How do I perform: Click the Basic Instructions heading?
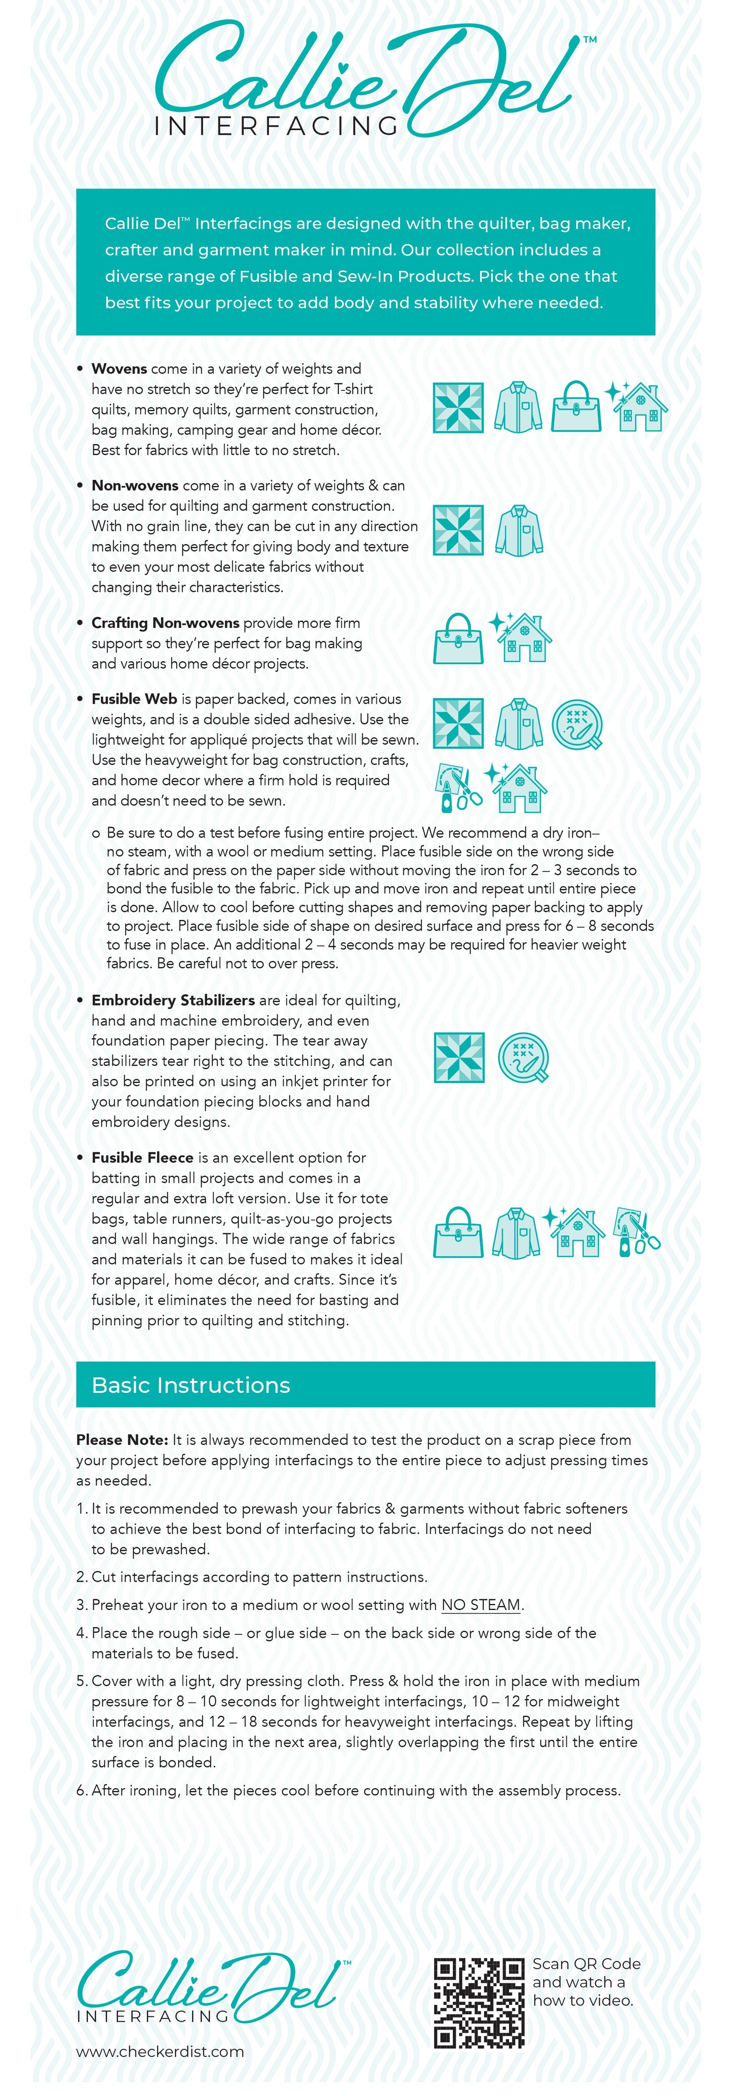tap(190, 1385)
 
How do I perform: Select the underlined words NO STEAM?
tap(480, 1604)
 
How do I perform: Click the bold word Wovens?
tap(119, 369)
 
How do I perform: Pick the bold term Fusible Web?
tap(134, 699)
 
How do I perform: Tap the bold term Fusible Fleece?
tap(142, 1157)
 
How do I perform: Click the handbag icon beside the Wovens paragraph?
tap(575, 407)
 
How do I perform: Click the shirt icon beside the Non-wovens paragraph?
tap(518, 531)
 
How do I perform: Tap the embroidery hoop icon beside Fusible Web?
tap(577, 724)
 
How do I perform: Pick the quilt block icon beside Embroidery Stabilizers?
tap(458, 1057)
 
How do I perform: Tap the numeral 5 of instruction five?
tap(81, 1681)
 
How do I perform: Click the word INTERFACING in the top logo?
tap(275, 126)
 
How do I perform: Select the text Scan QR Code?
tap(586, 1963)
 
